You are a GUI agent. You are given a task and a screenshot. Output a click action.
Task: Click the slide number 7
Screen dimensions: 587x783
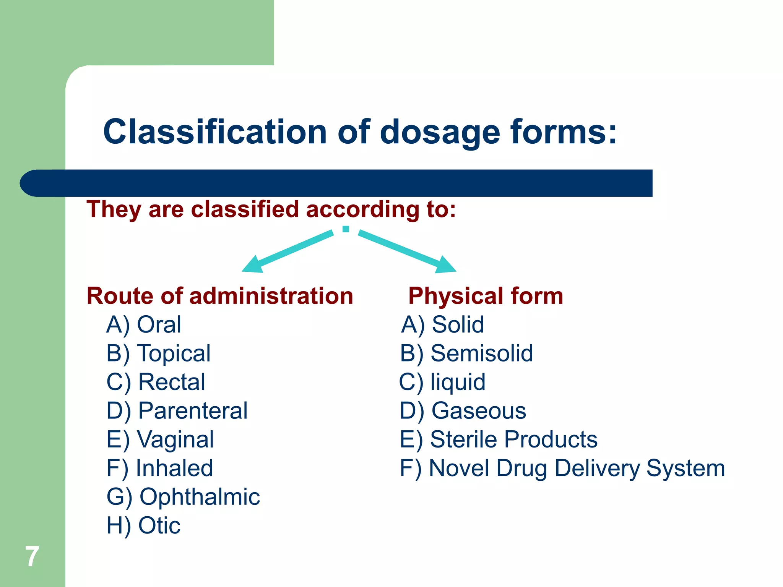click(x=32, y=556)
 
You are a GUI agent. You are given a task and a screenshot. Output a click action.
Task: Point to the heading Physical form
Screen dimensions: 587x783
click(x=486, y=296)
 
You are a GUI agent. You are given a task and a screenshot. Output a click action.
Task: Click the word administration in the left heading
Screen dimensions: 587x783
click(x=271, y=296)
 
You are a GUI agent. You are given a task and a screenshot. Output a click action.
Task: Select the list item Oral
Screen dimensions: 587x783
click(x=159, y=324)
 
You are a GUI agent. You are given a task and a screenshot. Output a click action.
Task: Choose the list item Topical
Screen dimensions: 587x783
click(x=174, y=353)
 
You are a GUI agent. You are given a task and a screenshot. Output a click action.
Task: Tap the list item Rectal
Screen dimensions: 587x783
click(x=172, y=382)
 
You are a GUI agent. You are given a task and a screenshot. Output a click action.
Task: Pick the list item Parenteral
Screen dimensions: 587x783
click(x=193, y=410)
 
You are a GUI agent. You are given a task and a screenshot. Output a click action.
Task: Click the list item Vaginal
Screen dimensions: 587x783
click(x=175, y=439)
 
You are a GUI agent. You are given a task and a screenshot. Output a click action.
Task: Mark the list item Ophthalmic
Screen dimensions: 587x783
click(x=200, y=497)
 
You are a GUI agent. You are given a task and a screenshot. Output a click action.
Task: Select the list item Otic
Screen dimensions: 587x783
click(x=159, y=525)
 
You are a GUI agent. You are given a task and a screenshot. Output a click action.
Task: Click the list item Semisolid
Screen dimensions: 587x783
click(x=482, y=353)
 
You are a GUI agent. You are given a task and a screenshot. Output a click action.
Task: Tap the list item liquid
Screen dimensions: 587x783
click(x=458, y=382)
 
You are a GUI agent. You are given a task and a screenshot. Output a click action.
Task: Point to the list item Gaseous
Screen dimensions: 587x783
click(x=479, y=410)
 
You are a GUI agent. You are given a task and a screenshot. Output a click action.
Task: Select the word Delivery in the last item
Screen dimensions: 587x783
click(x=597, y=468)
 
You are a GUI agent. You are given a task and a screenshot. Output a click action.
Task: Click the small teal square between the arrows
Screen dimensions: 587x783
click(x=346, y=229)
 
